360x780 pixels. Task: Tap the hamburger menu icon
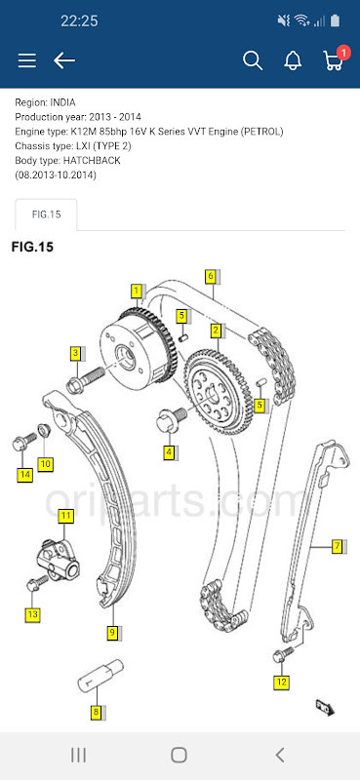[x=27, y=60]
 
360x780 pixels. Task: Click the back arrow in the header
[x=64, y=60]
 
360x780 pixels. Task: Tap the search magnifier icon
[x=253, y=60]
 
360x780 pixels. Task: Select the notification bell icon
[x=293, y=60]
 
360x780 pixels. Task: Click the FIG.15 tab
[x=46, y=214]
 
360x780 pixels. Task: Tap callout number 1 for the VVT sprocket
[x=138, y=291]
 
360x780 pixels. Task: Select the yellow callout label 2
[x=217, y=331]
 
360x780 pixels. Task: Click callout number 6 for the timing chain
[x=210, y=276]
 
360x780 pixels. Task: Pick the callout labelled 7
[x=337, y=546]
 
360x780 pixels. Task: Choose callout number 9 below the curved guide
[x=112, y=633]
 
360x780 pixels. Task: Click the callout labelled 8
[x=96, y=713]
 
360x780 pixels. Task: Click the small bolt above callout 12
[x=284, y=655]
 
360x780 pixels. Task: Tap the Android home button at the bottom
[x=180, y=755]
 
